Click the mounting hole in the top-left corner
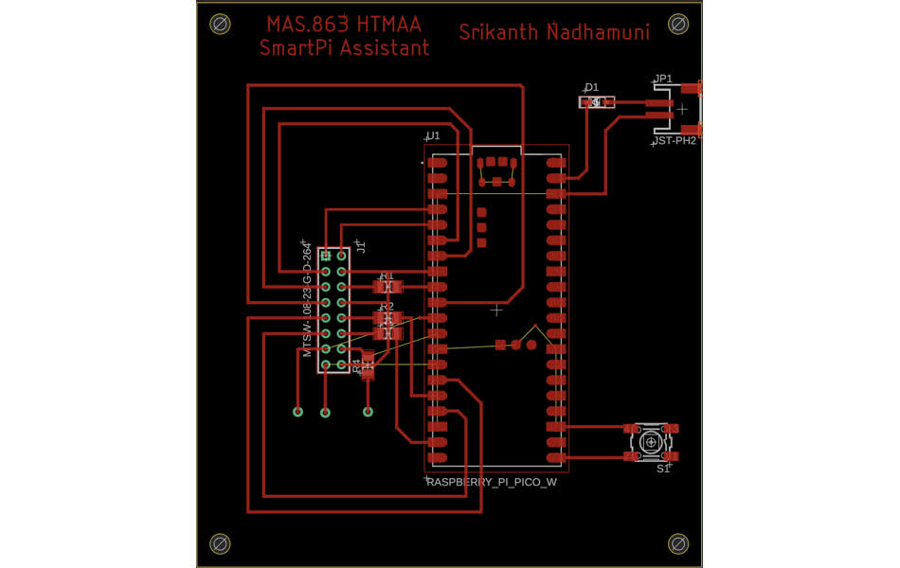tap(220, 23)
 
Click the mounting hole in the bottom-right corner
tap(678, 543)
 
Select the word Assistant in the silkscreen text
tap(387, 47)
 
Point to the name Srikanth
tap(498, 32)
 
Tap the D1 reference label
tap(591, 88)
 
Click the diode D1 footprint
tap(597, 102)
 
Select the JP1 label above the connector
tap(663, 79)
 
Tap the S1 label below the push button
tap(663, 468)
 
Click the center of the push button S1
tap(652, 442)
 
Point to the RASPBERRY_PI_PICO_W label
tap(491, 482)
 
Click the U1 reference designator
tap(433, 136)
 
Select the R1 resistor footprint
tap(387, 286)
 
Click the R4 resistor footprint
tap(368, 365)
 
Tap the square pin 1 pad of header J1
tap(326, 256)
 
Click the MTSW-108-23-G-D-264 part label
tap(307, 298)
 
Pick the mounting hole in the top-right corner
tap(678, 23)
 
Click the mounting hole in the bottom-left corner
tap(220, 543)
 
